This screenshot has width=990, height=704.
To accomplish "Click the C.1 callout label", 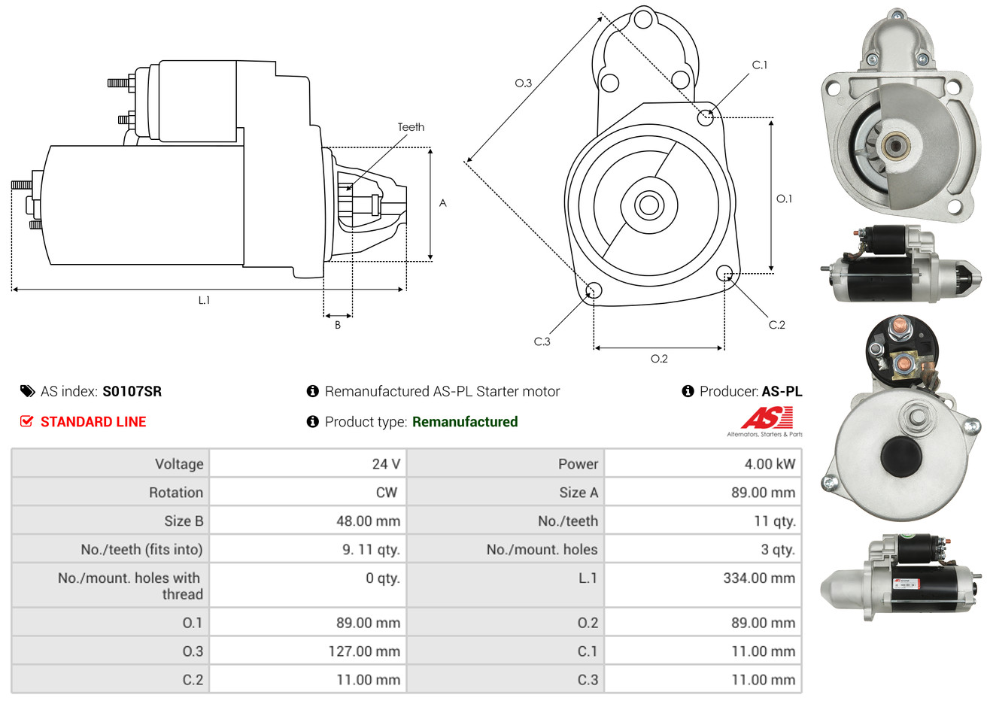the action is (759, 65).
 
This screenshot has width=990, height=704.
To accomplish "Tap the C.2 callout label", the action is (776, 325).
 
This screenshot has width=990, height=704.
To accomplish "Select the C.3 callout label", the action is (542, 341).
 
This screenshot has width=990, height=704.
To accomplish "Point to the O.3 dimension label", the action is (524, 83).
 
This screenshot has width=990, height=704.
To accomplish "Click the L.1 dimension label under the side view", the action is (204, 300).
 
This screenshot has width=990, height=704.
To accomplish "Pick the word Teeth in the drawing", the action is (411, 127).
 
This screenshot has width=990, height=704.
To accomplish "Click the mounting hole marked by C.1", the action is (705, 117).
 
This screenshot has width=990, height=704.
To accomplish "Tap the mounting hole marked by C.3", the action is (594, 290).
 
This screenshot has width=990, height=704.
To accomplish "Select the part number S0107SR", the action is (132, 391).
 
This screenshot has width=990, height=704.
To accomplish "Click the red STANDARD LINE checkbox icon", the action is (26, 421).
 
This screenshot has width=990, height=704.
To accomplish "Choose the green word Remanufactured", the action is (465, 422).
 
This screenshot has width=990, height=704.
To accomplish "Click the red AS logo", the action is (767, 418).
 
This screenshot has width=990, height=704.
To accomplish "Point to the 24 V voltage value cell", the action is (386, 463).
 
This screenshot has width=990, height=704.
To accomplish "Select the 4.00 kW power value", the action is (770, 463).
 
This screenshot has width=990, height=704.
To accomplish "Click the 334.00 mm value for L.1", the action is (759, 578).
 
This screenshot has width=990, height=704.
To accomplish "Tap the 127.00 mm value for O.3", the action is (364, 651).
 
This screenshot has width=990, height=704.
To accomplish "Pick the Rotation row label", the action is (176, 493).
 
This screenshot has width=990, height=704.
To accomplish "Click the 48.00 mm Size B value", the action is (368, 520).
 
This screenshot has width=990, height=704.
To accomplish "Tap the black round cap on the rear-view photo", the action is (900, 457).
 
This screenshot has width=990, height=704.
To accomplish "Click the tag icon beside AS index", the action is (27, 391).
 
